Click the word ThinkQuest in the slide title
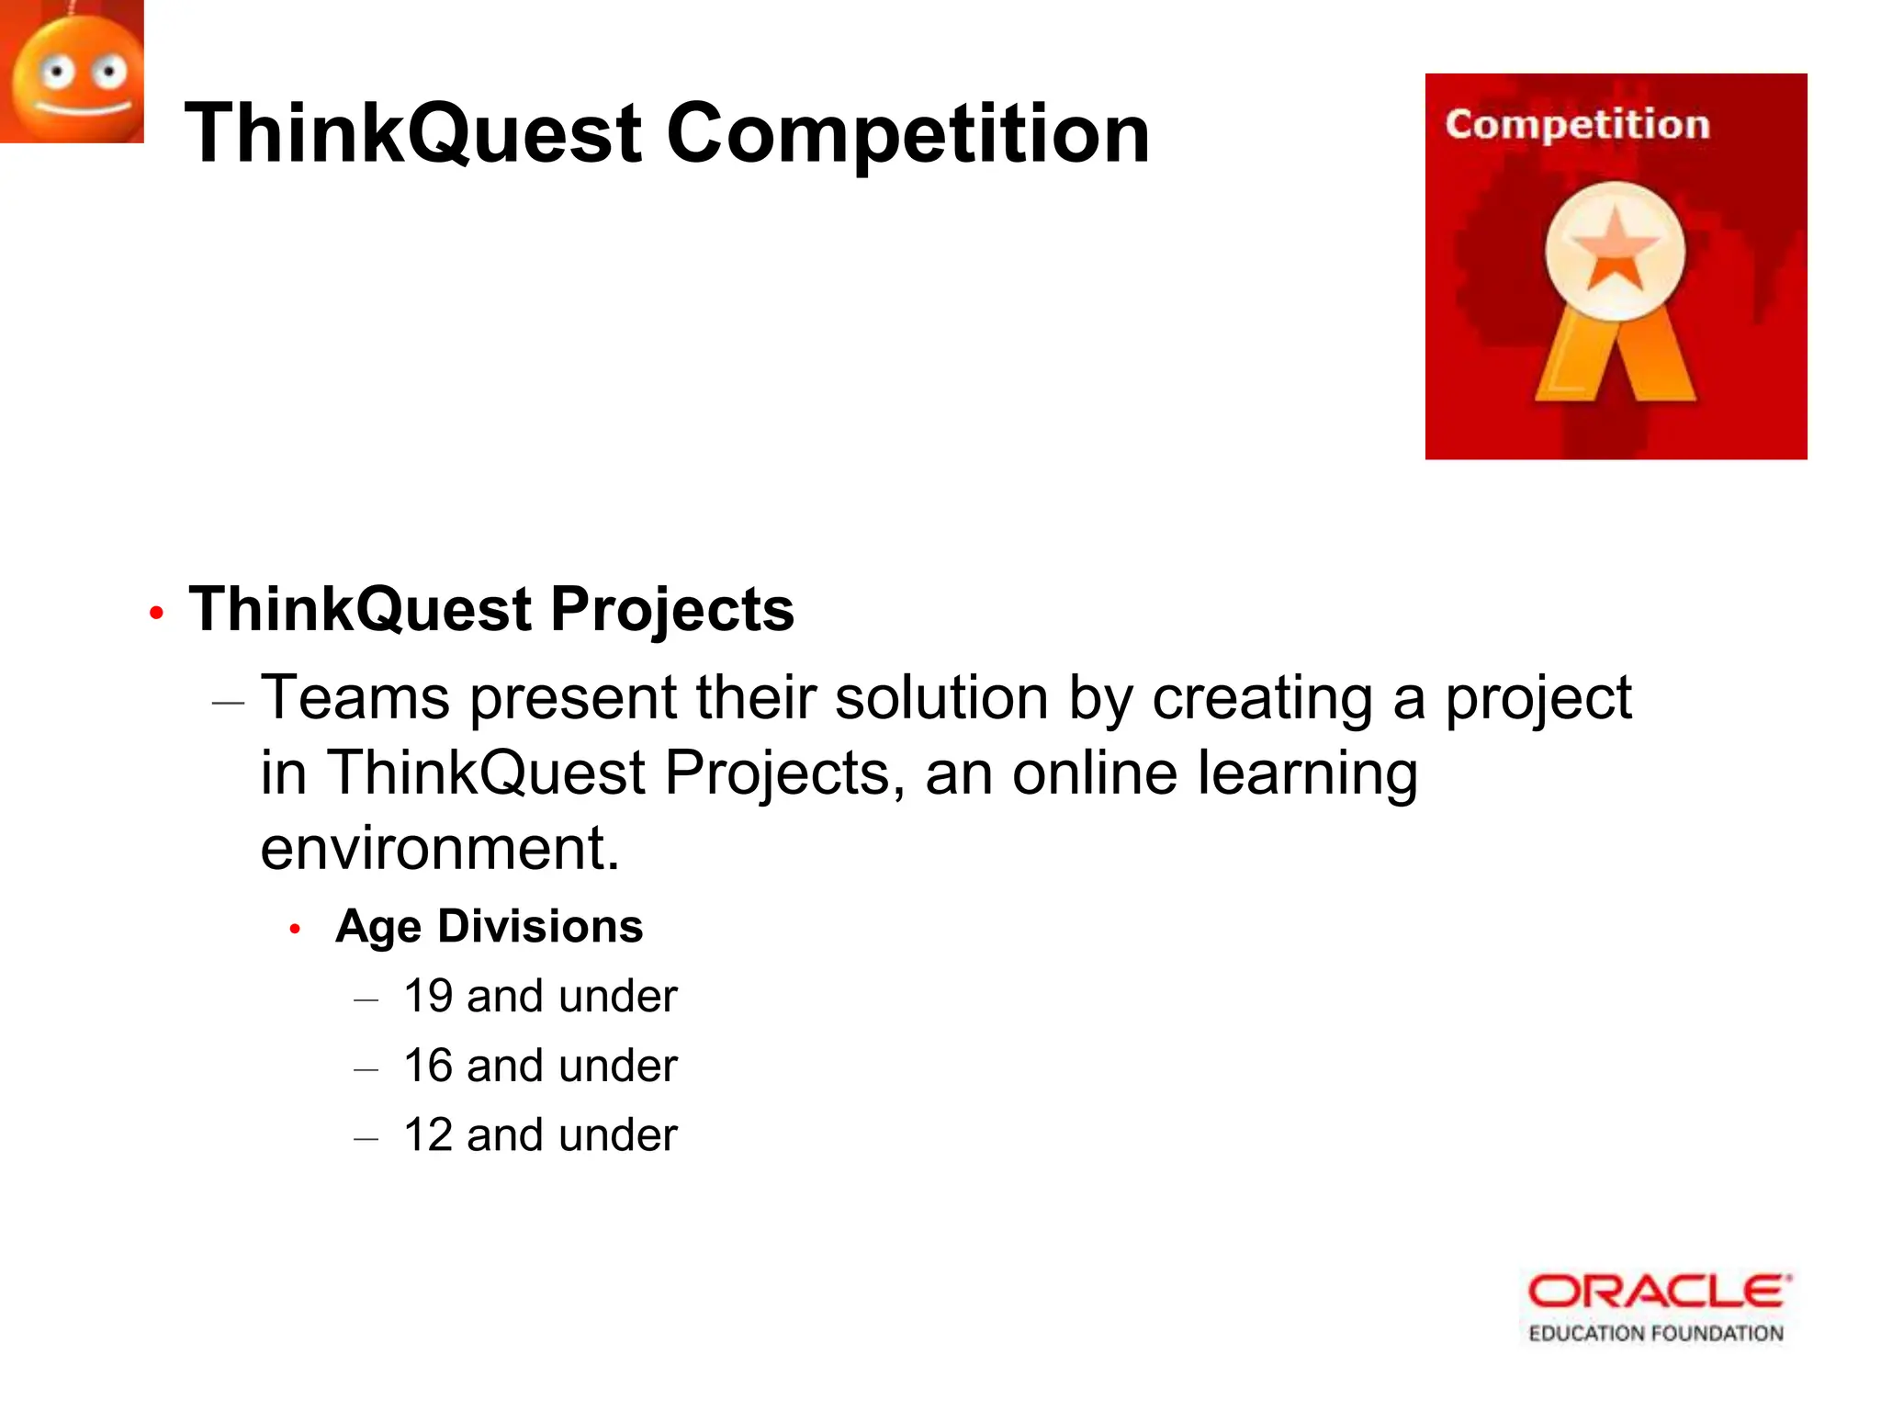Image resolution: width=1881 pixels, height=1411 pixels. pyautogui.click(x=413, y=134)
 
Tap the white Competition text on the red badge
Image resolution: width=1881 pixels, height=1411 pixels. pyautogui.click(x=1577, y=124)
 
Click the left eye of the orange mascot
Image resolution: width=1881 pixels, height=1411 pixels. pyautogui.click(x=58, y=72)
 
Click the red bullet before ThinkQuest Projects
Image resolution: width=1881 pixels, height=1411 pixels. pyautogui.click(x=156, y=613)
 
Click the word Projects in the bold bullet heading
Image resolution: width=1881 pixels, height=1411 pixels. pyautogui.click(x=672, y=609)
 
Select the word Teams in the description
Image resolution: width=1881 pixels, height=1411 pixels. pyautogui.click(x=355, y=698)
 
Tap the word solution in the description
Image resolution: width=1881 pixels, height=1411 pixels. pyautogui.click(x=940, y=698)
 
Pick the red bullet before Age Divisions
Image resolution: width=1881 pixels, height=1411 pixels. pyautogui.click(x=295, y=929)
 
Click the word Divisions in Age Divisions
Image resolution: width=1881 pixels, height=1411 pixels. pyautogui.click(x=540, y=926)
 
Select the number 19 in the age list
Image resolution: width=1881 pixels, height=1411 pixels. pyautogui.click(x=428, y=997)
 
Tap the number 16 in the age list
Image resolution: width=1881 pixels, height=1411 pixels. pyautogui.click(x=428, y=1067)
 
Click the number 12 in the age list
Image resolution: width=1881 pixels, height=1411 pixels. pyautogui.click(x=428, y=1135)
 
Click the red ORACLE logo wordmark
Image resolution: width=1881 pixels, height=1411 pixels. pyautogui.click(x=1659, y=1292)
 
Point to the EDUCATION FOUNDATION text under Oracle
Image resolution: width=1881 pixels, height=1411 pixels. pyautogui.click(x=1655, y=1333)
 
